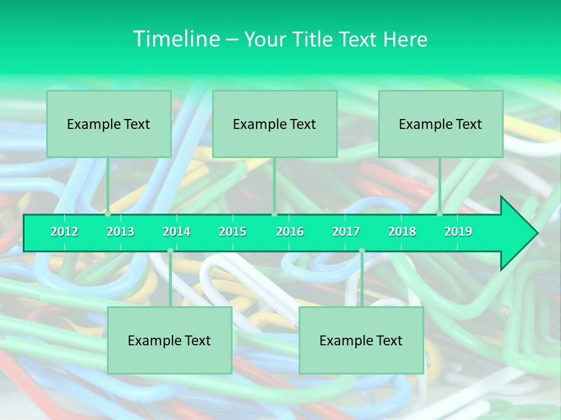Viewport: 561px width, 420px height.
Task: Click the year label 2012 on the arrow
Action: [64, 232]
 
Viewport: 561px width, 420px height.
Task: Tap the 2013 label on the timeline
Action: [120, 232]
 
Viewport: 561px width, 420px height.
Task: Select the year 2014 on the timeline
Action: [176, 232]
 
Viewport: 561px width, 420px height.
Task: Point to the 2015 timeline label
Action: [233, 232]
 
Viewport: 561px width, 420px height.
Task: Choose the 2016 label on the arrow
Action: [290, 232]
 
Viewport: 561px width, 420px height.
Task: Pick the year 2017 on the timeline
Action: [346, 232]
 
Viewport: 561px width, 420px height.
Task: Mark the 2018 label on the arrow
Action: [402, 232]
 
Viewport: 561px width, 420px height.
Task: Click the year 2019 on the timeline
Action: [458, 232]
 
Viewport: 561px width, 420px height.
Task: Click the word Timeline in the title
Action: [175, 39]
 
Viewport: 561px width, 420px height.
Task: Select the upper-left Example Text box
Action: [109, 124]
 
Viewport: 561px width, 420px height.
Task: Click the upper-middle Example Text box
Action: [275, 124]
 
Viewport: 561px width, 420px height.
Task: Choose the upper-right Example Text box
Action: [441, 124]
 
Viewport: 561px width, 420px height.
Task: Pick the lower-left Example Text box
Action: [169, 340]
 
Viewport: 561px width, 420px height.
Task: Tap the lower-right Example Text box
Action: [361, 340]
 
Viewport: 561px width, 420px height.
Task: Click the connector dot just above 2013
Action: [108, 214]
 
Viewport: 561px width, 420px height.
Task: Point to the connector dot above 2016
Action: [274, 214]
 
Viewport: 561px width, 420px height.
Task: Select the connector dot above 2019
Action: [439, 214]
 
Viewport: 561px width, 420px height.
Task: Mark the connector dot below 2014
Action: [170, 251]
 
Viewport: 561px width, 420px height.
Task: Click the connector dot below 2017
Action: [362, 251]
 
